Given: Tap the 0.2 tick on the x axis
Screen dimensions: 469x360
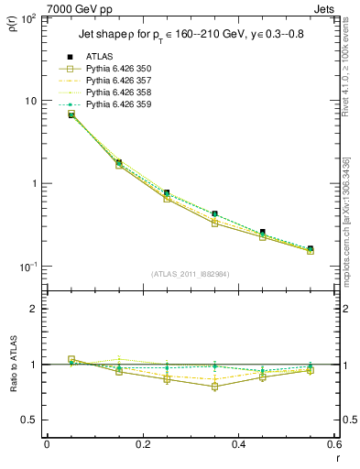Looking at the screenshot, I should point(142,444).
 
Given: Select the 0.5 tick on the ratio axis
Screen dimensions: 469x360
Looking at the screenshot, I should point(32,420).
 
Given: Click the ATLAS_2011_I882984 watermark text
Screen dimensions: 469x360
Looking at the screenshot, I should point(191,274).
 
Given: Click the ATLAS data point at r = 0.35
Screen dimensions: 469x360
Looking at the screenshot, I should point(214,213).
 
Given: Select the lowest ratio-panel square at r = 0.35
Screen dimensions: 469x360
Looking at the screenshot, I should point(214,387).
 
